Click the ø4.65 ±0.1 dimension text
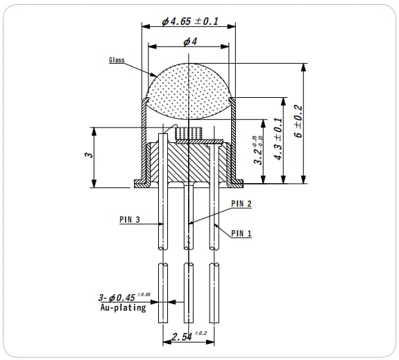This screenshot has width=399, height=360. point(189,21)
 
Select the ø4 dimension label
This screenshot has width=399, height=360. point(189,42)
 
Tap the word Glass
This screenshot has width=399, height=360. point(117,60)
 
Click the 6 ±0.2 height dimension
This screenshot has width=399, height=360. point(298,122)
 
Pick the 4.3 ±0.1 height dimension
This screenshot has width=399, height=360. point(278,139)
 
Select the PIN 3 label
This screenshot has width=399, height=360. point(130,219)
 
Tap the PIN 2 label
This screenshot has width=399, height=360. point(241,204)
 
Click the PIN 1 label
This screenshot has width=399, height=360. point(241,233)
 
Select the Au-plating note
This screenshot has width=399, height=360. point(123,307)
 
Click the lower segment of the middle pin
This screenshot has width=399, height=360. point(188,291)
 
